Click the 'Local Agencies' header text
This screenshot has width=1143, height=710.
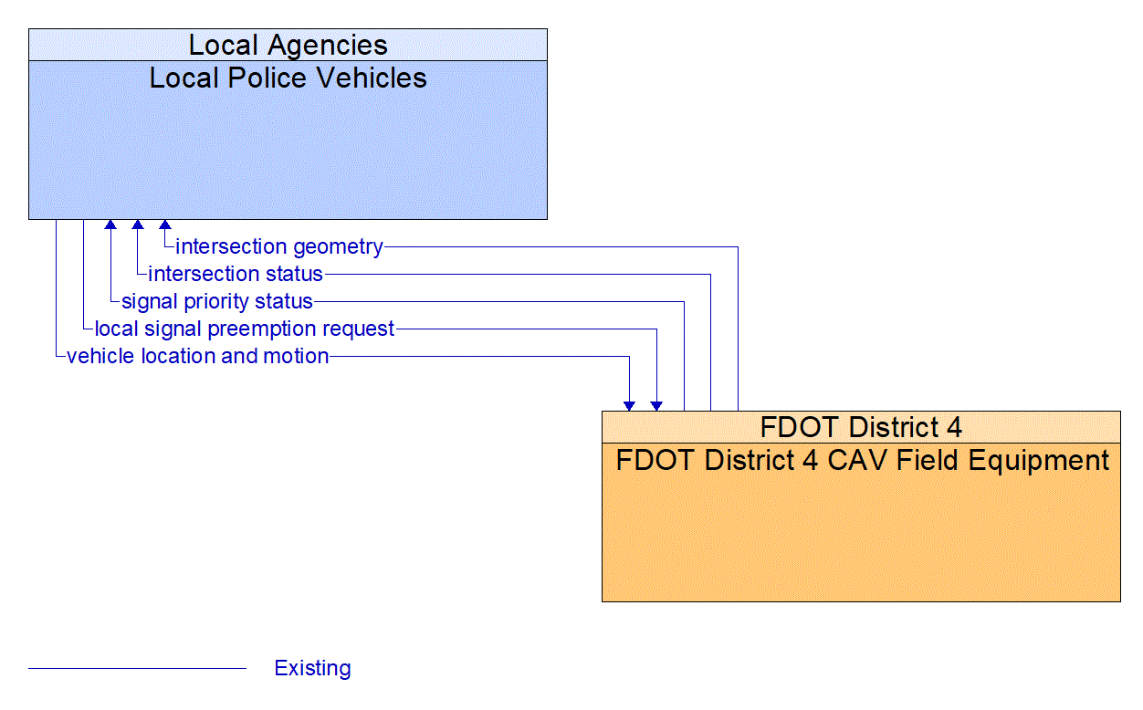(x=288, y=45)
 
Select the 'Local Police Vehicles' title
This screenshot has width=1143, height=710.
(x=288, y=78)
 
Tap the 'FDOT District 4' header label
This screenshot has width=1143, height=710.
(x=861, y=427)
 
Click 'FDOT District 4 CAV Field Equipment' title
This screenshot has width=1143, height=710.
(x=861, y=460)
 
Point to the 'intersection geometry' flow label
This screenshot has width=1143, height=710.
(x=279, y=246)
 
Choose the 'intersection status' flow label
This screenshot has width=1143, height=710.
(x=236, y=274)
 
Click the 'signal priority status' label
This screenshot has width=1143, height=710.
(x=217, y=301)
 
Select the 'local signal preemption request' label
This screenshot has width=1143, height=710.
(x=245, y=329)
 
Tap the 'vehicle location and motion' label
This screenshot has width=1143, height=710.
(x=198, y=356)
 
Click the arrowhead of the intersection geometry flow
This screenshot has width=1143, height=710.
(x=165, y=224)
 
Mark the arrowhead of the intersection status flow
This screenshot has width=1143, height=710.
(x=138, y=224)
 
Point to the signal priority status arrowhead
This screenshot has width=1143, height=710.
(x=110, y=224)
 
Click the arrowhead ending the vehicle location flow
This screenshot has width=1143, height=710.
(x=629, y=405)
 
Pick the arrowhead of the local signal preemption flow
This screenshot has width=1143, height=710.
(x=656, y=405)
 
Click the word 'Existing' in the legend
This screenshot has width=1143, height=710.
(x=312, y=668)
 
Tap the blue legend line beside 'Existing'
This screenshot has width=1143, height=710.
(x=137, y=668)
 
